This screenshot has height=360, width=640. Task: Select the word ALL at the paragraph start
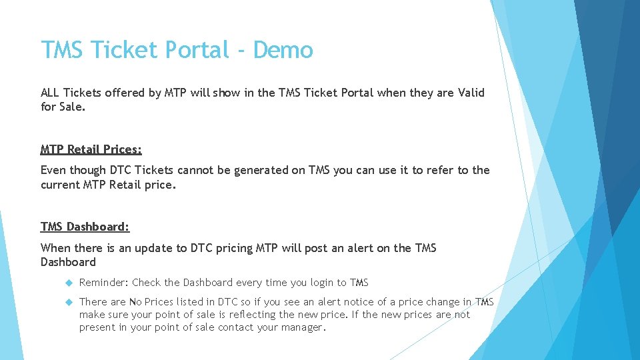tap(51, 93)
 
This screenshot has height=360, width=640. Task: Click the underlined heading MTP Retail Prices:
tap(91, 149)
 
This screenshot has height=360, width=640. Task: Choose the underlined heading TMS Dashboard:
tap(85, 227)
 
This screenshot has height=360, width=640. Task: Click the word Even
tap(53, 170)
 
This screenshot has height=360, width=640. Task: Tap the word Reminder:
tap(103, 283)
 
